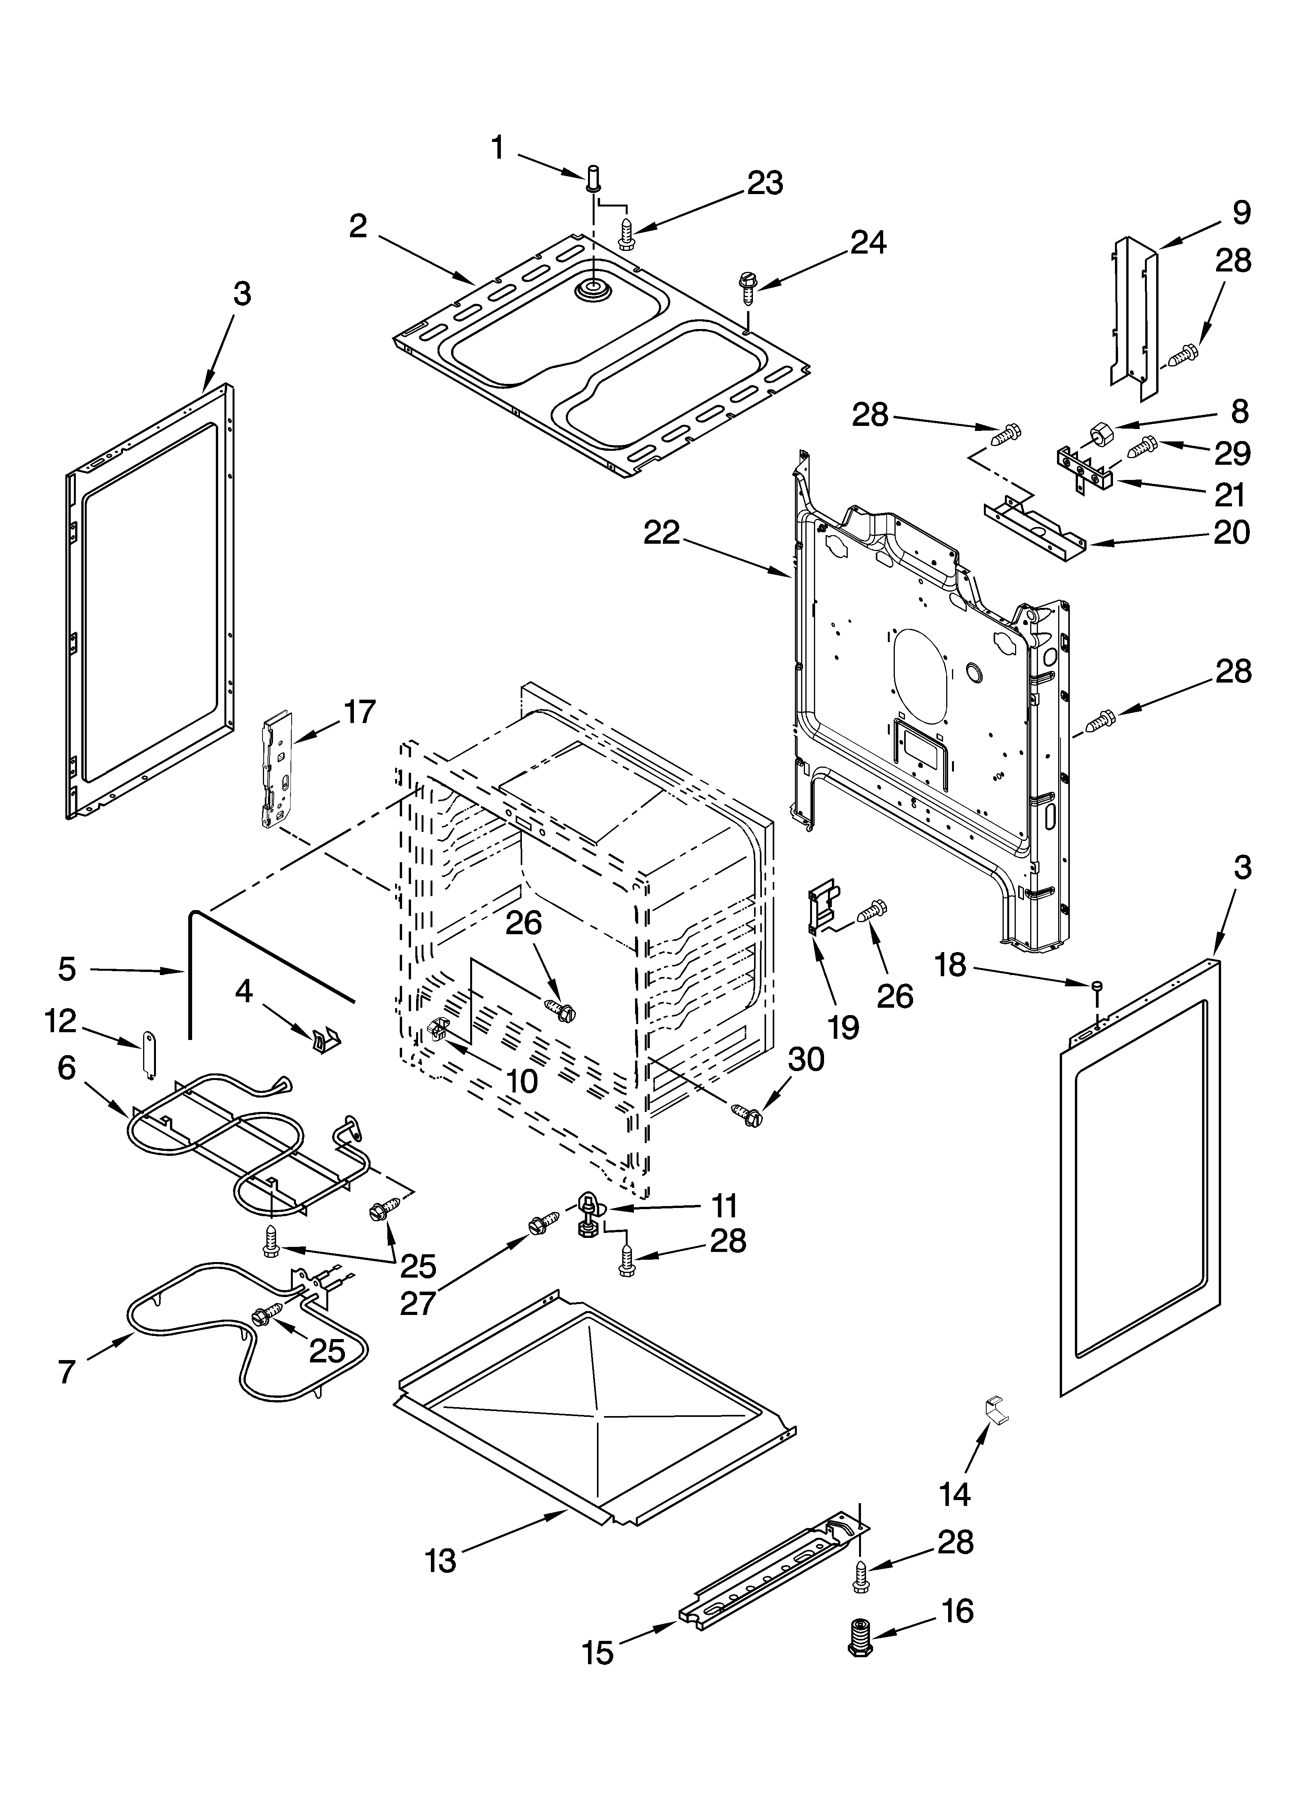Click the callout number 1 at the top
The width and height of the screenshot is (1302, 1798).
497,147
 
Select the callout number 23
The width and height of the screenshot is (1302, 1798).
765,183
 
